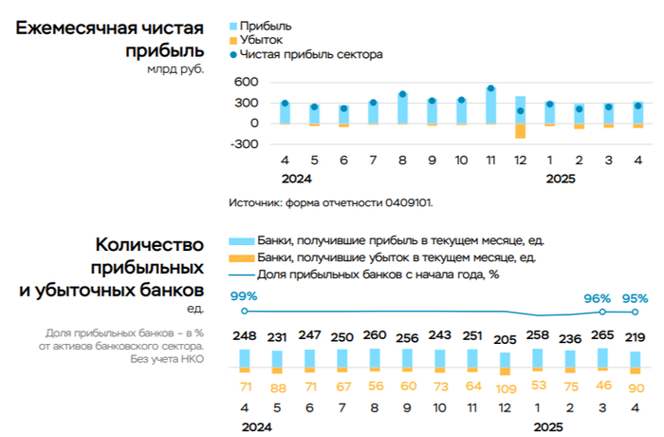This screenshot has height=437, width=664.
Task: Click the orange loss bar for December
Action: tap(520, 131)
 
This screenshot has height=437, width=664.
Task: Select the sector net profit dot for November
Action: tap(490, 89)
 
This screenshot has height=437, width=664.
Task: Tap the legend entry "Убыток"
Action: tap(262, 39)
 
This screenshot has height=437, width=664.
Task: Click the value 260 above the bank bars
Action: tap(375, 335)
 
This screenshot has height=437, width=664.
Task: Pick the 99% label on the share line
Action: tap(244, 296)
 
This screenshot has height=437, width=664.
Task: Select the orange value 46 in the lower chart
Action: tap(602, 386)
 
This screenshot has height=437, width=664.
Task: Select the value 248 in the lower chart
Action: tap(244, 335)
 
